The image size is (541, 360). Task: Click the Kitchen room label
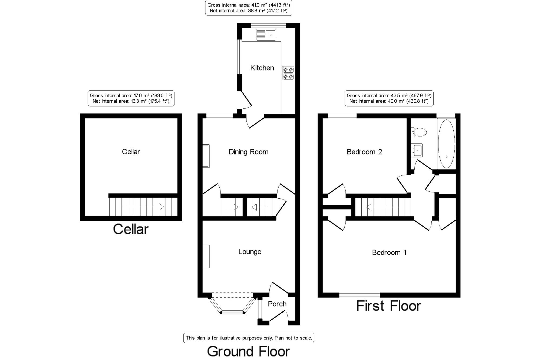pos(262,68)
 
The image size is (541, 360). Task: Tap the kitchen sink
pos(266,35)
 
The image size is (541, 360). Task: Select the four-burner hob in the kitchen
pos(288,73)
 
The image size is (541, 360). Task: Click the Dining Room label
pos(248,152)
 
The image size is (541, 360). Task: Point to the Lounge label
pos(250,252)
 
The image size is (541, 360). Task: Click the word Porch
pos(277,304)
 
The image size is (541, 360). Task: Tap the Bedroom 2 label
pos(364,152)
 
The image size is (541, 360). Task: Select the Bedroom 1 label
pos(389,252)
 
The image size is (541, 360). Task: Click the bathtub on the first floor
pos(446,144)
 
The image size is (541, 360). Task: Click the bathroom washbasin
pos(417,150)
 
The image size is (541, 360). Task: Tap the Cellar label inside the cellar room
pos(131,152)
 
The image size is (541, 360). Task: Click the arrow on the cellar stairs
pos(143,207)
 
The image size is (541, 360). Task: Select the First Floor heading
pos(389,306)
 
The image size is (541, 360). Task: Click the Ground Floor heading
pos(248,351)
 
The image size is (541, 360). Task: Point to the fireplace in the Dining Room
pos(206,156)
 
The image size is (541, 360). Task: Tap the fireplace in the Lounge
pos(206,256)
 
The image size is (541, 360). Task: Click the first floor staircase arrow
pos(383,207)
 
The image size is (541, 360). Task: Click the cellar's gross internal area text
pos(131,95)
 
